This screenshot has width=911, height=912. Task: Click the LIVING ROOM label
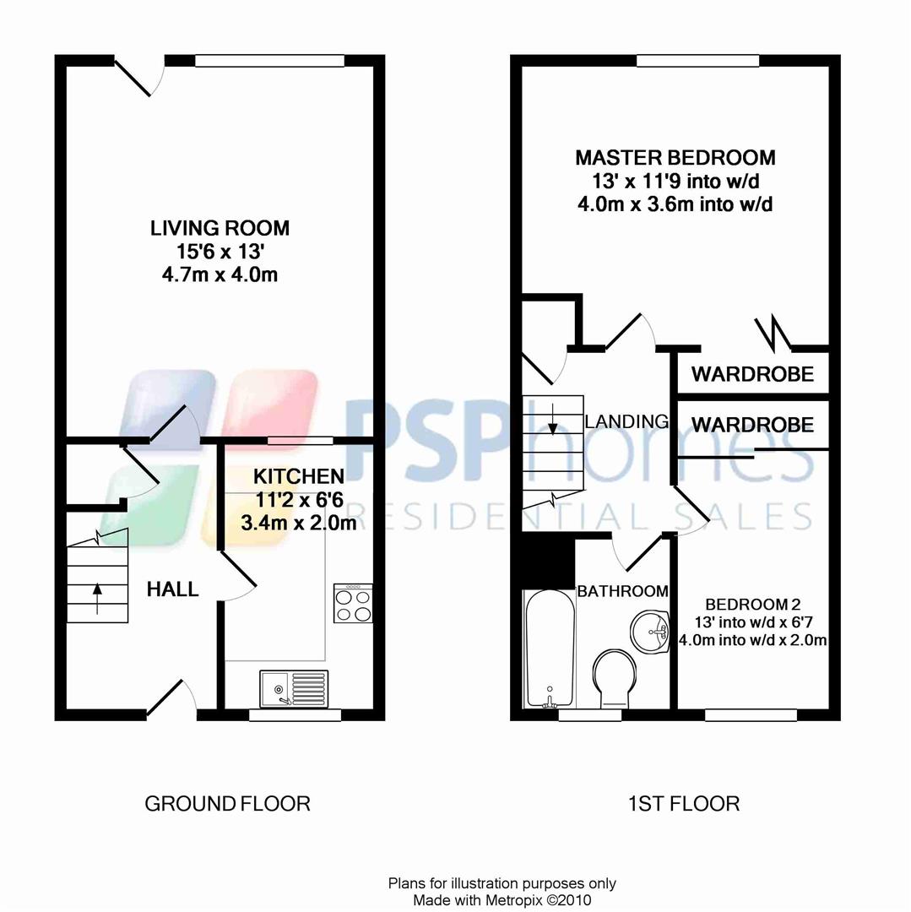click(220, 228)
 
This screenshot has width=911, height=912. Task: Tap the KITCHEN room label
click(299, 476)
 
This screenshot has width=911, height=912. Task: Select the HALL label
click(173, 589)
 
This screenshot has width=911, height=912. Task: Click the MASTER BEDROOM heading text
click(675, 158)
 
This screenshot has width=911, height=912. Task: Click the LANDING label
click(626, 421)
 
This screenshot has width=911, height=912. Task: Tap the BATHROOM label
click(622, 591)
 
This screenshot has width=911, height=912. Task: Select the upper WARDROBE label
click(752, 374)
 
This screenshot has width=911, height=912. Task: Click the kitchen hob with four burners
click(353, 603)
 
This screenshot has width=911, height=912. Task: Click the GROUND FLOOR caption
click(227, 803)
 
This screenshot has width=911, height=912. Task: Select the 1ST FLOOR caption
click(685, 803)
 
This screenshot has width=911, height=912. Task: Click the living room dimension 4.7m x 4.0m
click(220, 274)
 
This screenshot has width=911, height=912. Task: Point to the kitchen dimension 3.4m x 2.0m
click(299, 524)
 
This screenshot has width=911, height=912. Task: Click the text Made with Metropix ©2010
click(502, 899)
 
